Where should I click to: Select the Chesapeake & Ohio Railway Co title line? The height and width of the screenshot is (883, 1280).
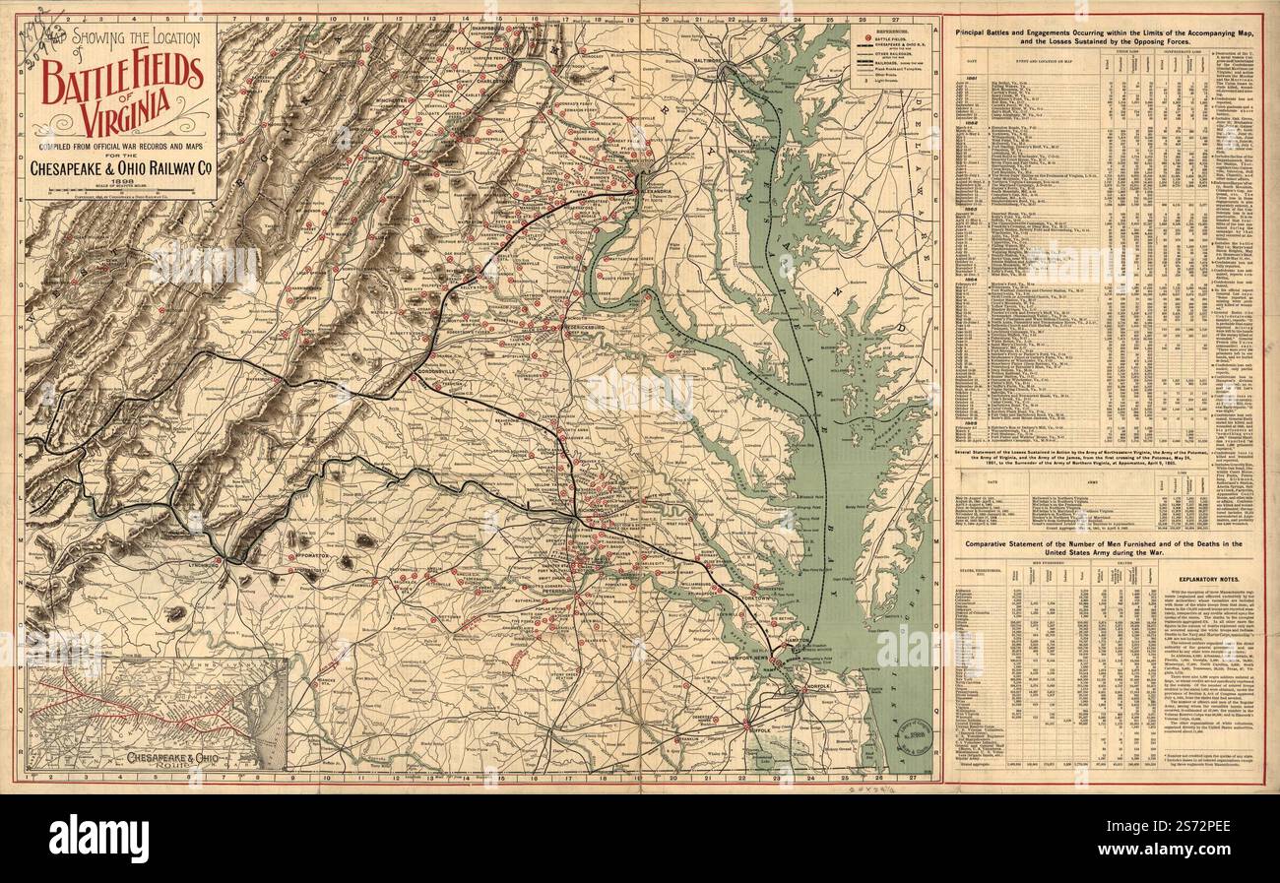coord(121,168)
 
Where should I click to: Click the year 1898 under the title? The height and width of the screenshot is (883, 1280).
coord(121,181)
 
